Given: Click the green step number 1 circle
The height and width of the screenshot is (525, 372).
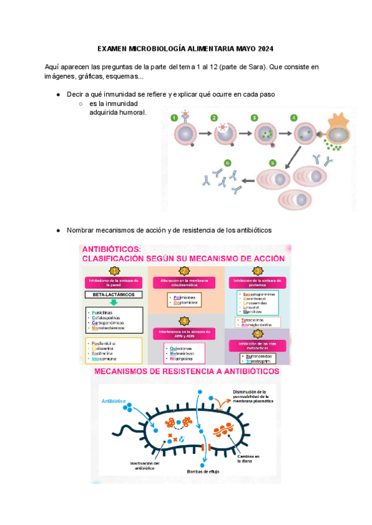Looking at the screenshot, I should point(175,117).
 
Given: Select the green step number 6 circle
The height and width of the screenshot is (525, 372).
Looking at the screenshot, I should point(227,163).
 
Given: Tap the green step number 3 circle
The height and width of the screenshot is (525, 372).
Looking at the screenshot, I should point(254,117).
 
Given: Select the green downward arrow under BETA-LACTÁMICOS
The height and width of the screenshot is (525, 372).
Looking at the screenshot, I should point(113,305).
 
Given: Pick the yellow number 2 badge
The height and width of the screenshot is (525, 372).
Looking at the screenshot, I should point(184,271).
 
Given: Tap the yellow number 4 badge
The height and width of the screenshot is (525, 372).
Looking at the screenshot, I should point(184,320).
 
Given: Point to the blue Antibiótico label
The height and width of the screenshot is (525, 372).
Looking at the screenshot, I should point(113,401).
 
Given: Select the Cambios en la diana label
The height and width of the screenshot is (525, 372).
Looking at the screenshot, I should point(247,459).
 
